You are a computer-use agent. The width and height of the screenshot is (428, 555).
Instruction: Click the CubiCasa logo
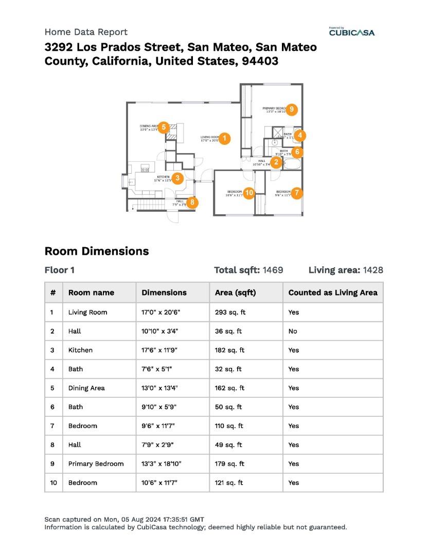point(352,32)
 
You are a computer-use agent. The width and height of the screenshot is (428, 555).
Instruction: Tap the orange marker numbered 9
point(292,109)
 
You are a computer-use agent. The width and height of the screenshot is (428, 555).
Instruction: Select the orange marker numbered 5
point(164,127)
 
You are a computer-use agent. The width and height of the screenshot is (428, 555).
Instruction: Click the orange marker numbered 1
point(225,138)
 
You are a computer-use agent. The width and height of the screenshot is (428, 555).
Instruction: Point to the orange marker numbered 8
point(192,202)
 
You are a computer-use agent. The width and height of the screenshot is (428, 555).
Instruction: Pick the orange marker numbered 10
point(249,193)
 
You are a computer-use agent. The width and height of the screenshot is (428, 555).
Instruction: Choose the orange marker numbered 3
point(177,178)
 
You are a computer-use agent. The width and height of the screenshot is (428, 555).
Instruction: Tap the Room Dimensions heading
point(97,251)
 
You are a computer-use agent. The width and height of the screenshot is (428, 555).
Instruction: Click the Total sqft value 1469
point(273,270)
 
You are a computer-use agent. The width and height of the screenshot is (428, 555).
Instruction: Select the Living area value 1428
point(373,270)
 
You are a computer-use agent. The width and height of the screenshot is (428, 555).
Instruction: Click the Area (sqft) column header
point(235,292)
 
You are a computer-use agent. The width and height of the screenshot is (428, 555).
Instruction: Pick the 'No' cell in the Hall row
point(293,331)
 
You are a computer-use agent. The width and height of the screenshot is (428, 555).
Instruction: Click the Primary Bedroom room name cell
point(96,464)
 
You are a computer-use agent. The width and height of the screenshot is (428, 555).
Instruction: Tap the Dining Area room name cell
point(86,388)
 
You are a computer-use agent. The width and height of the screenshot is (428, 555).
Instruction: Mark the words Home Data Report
point(86,32)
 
